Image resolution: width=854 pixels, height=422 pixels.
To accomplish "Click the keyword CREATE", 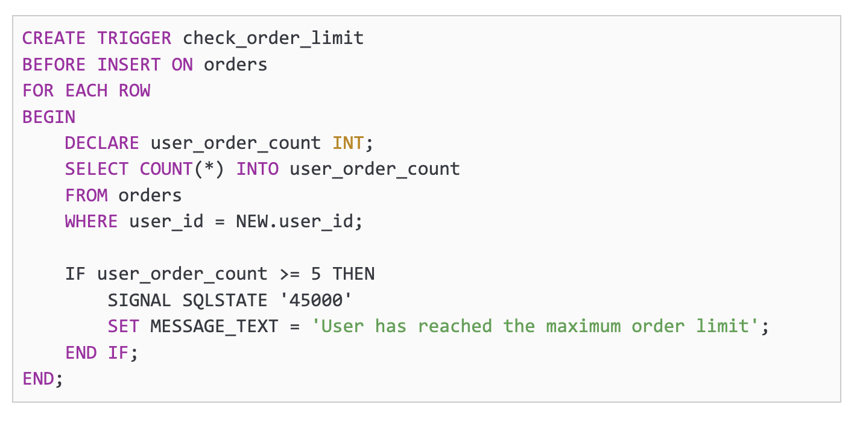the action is point(54,39).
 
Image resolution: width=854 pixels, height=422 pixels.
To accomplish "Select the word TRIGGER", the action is point(134,39).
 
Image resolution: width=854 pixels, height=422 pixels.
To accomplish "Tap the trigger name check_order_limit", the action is point(273,39).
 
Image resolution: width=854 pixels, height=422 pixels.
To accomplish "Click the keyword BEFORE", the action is point(54,65).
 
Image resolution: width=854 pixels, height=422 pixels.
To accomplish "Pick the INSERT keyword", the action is point(128,65).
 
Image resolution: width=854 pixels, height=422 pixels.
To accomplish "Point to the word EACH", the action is point(86,90).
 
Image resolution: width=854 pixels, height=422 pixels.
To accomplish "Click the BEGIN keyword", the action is point(49,117).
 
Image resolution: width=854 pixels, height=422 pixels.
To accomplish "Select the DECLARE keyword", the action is point(102,143).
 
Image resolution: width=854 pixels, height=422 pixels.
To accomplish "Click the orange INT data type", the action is point(348,143).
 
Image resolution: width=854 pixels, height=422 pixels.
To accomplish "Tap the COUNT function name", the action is point(166,169).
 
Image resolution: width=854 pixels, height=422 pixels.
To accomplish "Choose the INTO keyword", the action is point(257,169).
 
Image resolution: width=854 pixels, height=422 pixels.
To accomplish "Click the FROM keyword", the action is point(86,195).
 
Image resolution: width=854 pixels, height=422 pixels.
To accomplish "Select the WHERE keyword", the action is point(91,221).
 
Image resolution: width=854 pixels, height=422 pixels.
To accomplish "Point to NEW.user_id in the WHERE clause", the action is point(294,221).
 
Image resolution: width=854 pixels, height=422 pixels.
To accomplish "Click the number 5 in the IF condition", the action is point(316,274).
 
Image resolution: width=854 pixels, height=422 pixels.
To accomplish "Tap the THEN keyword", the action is point(353,274).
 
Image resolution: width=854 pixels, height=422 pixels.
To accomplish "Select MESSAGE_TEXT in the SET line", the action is point(214,326).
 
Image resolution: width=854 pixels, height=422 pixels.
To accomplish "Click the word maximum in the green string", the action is point(583,326).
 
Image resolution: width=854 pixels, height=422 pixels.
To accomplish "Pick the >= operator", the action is point(289,274).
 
